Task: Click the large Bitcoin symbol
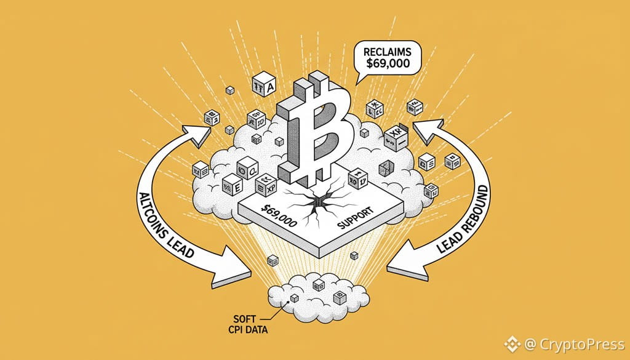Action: (x=314, y=132)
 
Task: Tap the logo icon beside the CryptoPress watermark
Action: (x=511, y=342)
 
